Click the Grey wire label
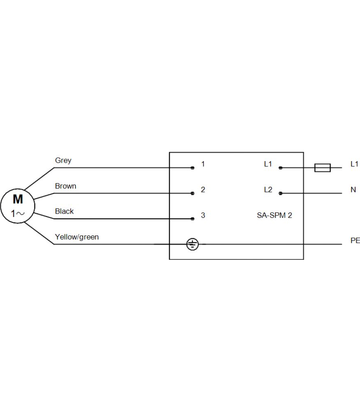coord(63,160)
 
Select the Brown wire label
coord(65,186)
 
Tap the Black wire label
coord(64,211)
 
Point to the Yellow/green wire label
coord(77,237)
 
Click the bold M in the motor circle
coord(18,199)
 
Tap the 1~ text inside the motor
coord(18,214)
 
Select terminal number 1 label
coord(203,164)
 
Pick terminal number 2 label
coord(203,190)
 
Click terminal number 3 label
coord(203,215)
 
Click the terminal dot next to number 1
coord(192,168)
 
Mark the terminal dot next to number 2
coord(192,194)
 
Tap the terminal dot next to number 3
coord(192,219)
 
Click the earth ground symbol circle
coord(192,238)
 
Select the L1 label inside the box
coord(268,164)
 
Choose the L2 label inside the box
coord(268,190)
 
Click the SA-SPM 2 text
coord(274,215)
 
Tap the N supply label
coord(353,190)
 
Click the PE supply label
coord(355,240)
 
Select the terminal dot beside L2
coord(281,194)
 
